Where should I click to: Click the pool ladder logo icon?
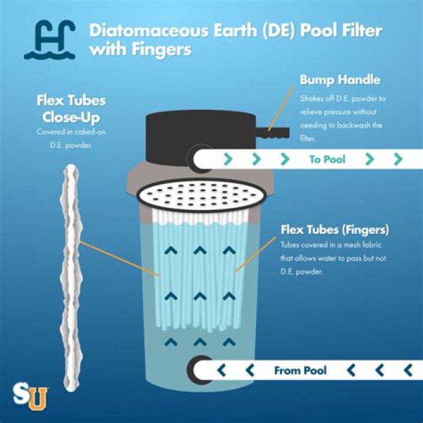[50, 39]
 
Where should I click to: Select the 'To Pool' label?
[327, 159]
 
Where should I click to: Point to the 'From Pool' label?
[300, 371]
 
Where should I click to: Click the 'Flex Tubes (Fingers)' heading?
[335, 229]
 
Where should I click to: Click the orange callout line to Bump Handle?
[281, 109]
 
